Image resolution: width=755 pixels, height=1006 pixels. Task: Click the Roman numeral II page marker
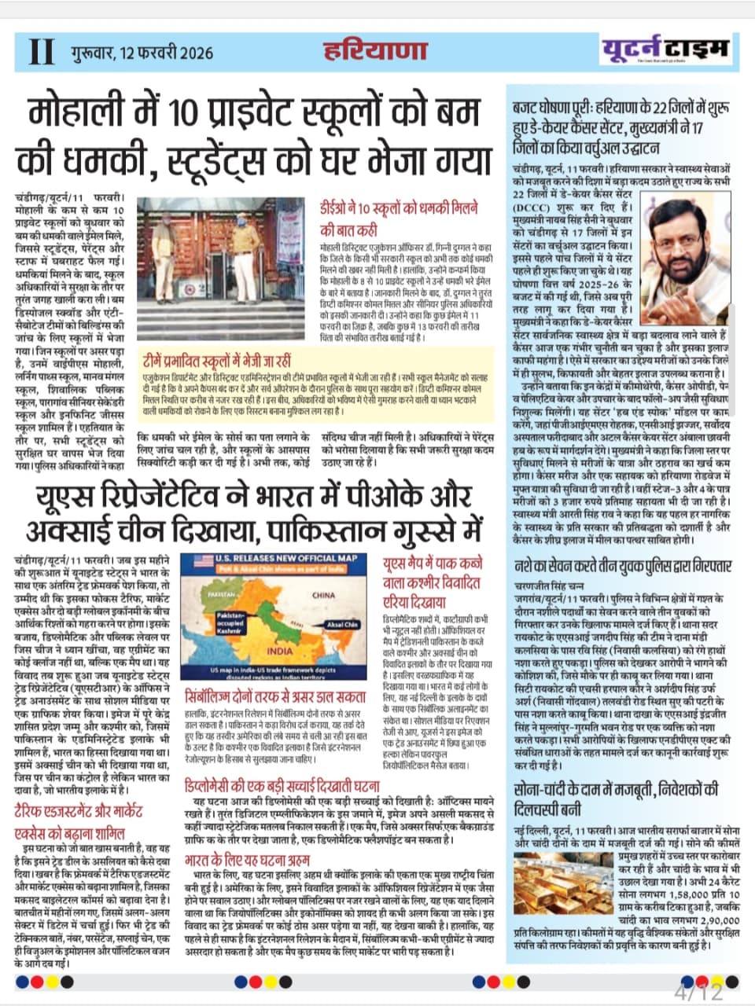point(41,52)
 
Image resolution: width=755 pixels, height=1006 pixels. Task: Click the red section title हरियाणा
point(376,51)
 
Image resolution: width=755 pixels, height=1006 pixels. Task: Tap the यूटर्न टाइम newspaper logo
point(667,50)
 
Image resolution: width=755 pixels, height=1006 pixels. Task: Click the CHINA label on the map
point(322,595)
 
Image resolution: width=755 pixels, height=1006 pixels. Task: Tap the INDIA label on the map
point(279,651)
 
